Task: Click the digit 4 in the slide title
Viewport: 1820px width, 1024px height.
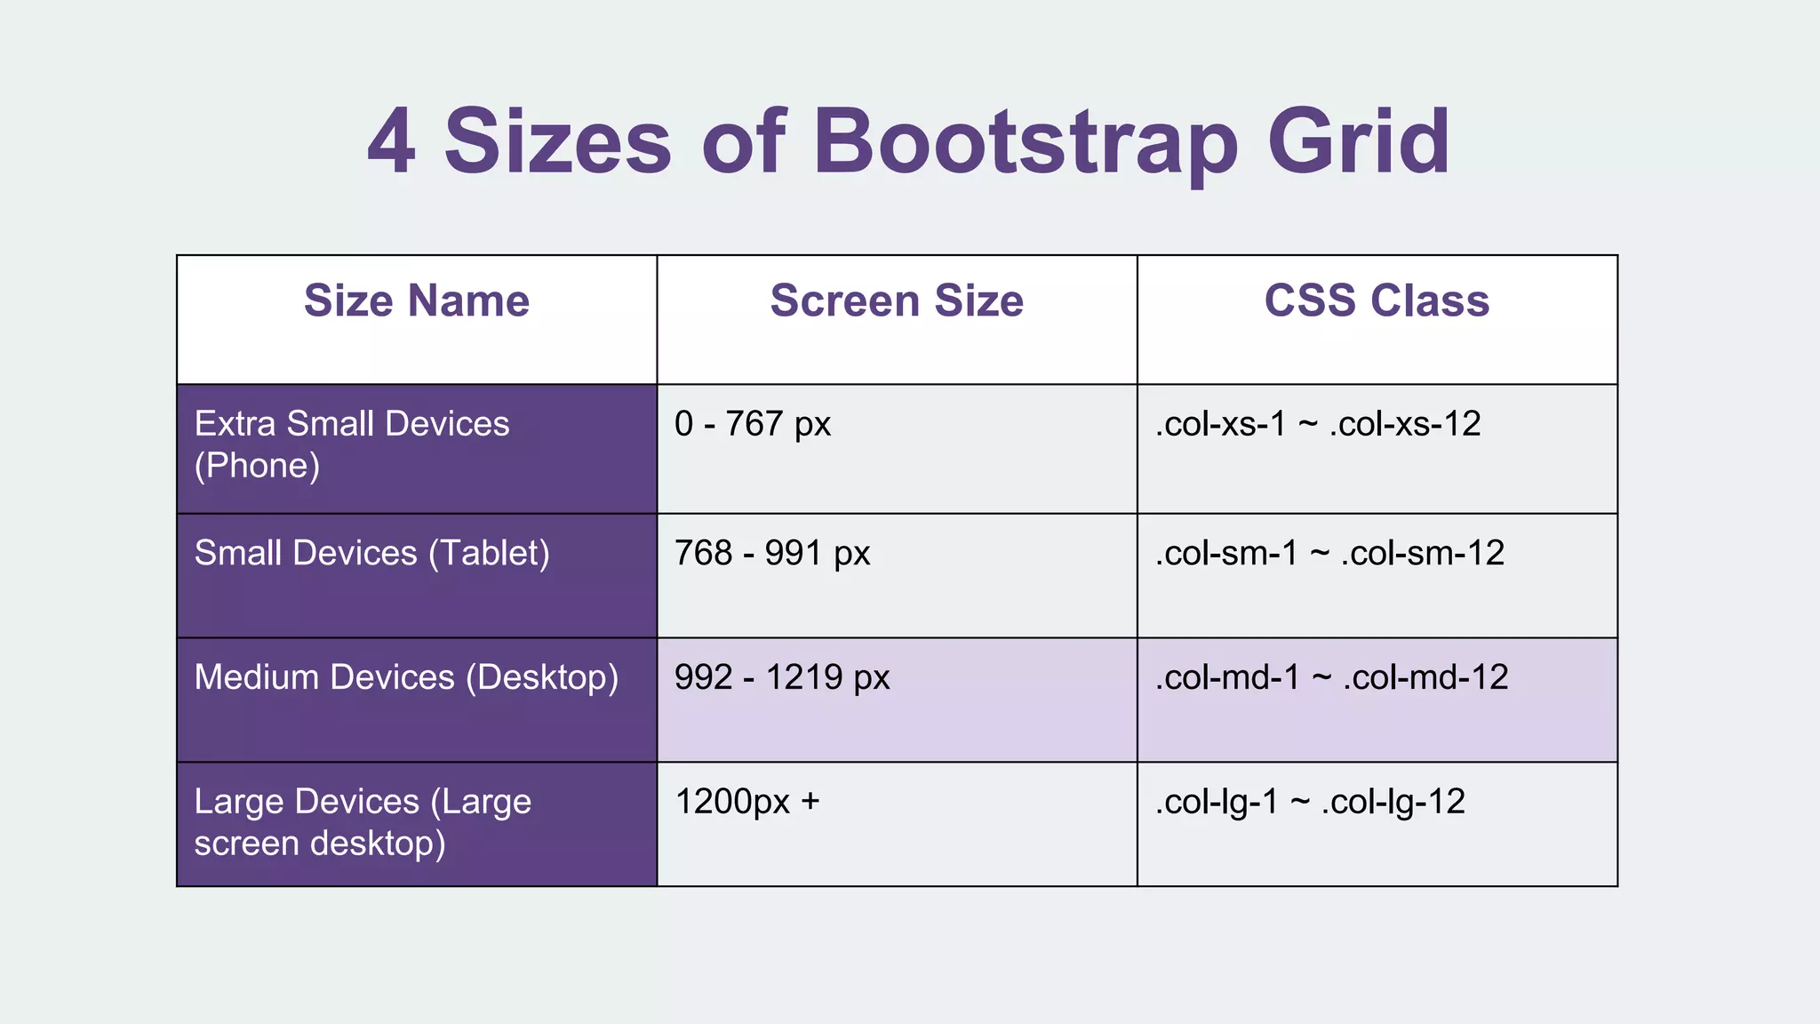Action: coord(392,141)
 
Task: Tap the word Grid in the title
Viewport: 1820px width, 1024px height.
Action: coord(1359,141)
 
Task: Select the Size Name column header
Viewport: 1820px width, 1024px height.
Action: coord(417,300)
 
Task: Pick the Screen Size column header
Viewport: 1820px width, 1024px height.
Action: coord(897,300)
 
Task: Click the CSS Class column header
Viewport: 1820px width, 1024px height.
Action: coord(1377,300)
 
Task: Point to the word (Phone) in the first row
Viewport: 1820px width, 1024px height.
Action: coord(257,466)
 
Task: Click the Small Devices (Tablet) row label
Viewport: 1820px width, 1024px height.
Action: coord(371,553)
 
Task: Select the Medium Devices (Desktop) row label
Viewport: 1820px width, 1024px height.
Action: coord(406,677)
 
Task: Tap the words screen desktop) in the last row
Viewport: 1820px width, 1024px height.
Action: coord(320,843)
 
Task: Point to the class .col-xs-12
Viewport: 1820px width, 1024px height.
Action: coord(1405,424)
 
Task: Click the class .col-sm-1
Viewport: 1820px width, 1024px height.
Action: coord(1226,554)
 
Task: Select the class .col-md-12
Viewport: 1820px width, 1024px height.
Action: coord(1425,678)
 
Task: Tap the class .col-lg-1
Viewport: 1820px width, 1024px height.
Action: coord(1217,803)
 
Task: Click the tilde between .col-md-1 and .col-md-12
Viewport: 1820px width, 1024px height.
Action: coord(1321,678)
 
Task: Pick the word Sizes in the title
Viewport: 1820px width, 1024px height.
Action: coord(557,141)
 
